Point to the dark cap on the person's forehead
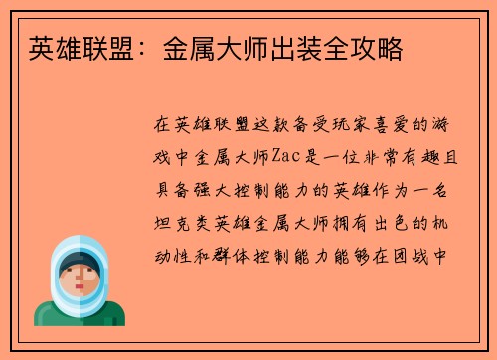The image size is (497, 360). (79, 260)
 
